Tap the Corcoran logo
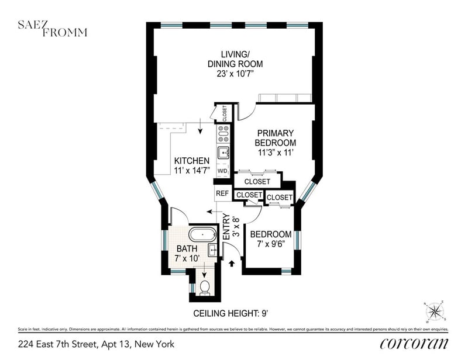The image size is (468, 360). pos(414,344)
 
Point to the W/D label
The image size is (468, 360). pos(222,171)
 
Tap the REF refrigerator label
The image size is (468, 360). pos(222,193)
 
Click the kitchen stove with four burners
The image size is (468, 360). pos(222,134)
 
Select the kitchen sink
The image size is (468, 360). pos(223,153)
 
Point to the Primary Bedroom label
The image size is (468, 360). pos(275,138)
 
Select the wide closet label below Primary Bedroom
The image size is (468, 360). pos(257,182)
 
